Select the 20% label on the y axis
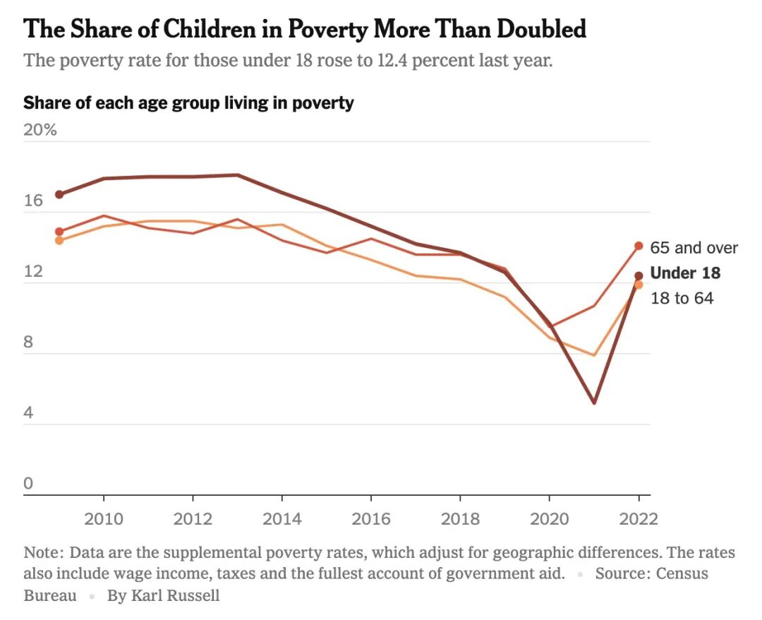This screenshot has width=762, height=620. tap(40, 131)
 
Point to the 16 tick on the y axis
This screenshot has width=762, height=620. tap(33, 201)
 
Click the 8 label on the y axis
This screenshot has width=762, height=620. tap(28, 342)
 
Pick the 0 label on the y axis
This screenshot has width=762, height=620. tap(28, 484)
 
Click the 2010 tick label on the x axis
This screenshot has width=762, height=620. tap(104, 519)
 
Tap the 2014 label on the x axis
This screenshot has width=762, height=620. tap(282, 519)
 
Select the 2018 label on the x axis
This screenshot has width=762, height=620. tap(460, 519)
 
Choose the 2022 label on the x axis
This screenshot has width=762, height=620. tap(638, 519)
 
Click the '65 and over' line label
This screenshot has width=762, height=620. tap(694, 248)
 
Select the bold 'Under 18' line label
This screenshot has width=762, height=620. tap(684, 273)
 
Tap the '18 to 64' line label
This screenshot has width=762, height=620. tap(682, 298)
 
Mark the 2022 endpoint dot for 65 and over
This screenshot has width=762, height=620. tap(639, 246)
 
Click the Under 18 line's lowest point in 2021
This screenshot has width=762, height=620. tap(594, 402)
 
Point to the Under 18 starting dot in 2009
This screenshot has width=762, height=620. tap(59, 194)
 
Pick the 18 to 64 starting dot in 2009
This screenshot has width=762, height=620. tap(59, 240)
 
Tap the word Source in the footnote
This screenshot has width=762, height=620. tap(619, 573)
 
